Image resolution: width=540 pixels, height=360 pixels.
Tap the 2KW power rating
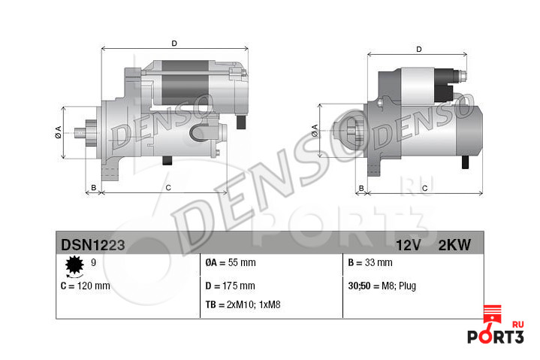tap(454, 244)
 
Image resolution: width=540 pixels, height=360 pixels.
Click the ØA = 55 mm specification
tap(230, 263)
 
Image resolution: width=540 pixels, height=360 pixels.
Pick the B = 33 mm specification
tap(370, 263)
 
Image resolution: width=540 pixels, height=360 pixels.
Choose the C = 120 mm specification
tap(85, 286)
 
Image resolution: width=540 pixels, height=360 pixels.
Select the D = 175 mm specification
tap(230, 286)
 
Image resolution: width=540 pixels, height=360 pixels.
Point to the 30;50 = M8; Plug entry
tap(382, 286)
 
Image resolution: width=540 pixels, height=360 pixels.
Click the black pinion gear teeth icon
tap(74, 265)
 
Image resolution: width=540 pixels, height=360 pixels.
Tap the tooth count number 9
tap(93, 262)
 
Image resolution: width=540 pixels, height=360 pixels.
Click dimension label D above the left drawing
tap(174, 43)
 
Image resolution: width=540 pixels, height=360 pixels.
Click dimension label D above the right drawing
tap(419, 50)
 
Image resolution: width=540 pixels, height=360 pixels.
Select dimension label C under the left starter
tap(167, 186)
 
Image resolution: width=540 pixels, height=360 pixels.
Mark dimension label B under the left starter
tap(93, 186)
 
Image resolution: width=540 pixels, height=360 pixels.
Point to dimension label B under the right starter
tap(361, 187)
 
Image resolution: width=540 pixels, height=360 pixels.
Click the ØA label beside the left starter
tap(59, 132)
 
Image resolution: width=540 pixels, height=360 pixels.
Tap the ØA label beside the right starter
tap(315, 130)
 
